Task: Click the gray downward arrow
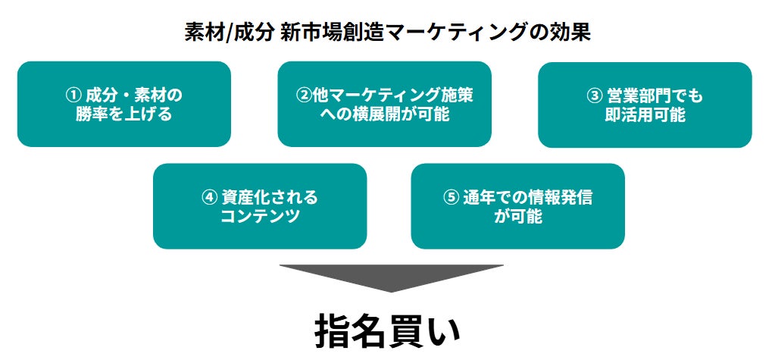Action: pyautogui.click(x=391, y=277)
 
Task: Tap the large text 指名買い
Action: pyautogui.click(x=388, y=331)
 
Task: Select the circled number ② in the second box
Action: pyautogui.click(x=304, y=95)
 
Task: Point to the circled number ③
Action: pyautogui.click(x=593, y=96)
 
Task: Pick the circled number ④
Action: pyautogui.click(x=210, y=197)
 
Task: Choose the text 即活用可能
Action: pyautogui.click(x=645, y=114)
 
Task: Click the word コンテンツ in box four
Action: pyautogui.click(x=260, y=216)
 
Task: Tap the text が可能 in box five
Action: pyautogui.click(x=518, y=216)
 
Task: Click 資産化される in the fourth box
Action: pyautogui.click(x=270, y=197)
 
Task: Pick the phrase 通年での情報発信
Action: pyautogui.click(x=527, y=197)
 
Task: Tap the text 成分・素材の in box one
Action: pyautogui.click(x=133, y=95)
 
